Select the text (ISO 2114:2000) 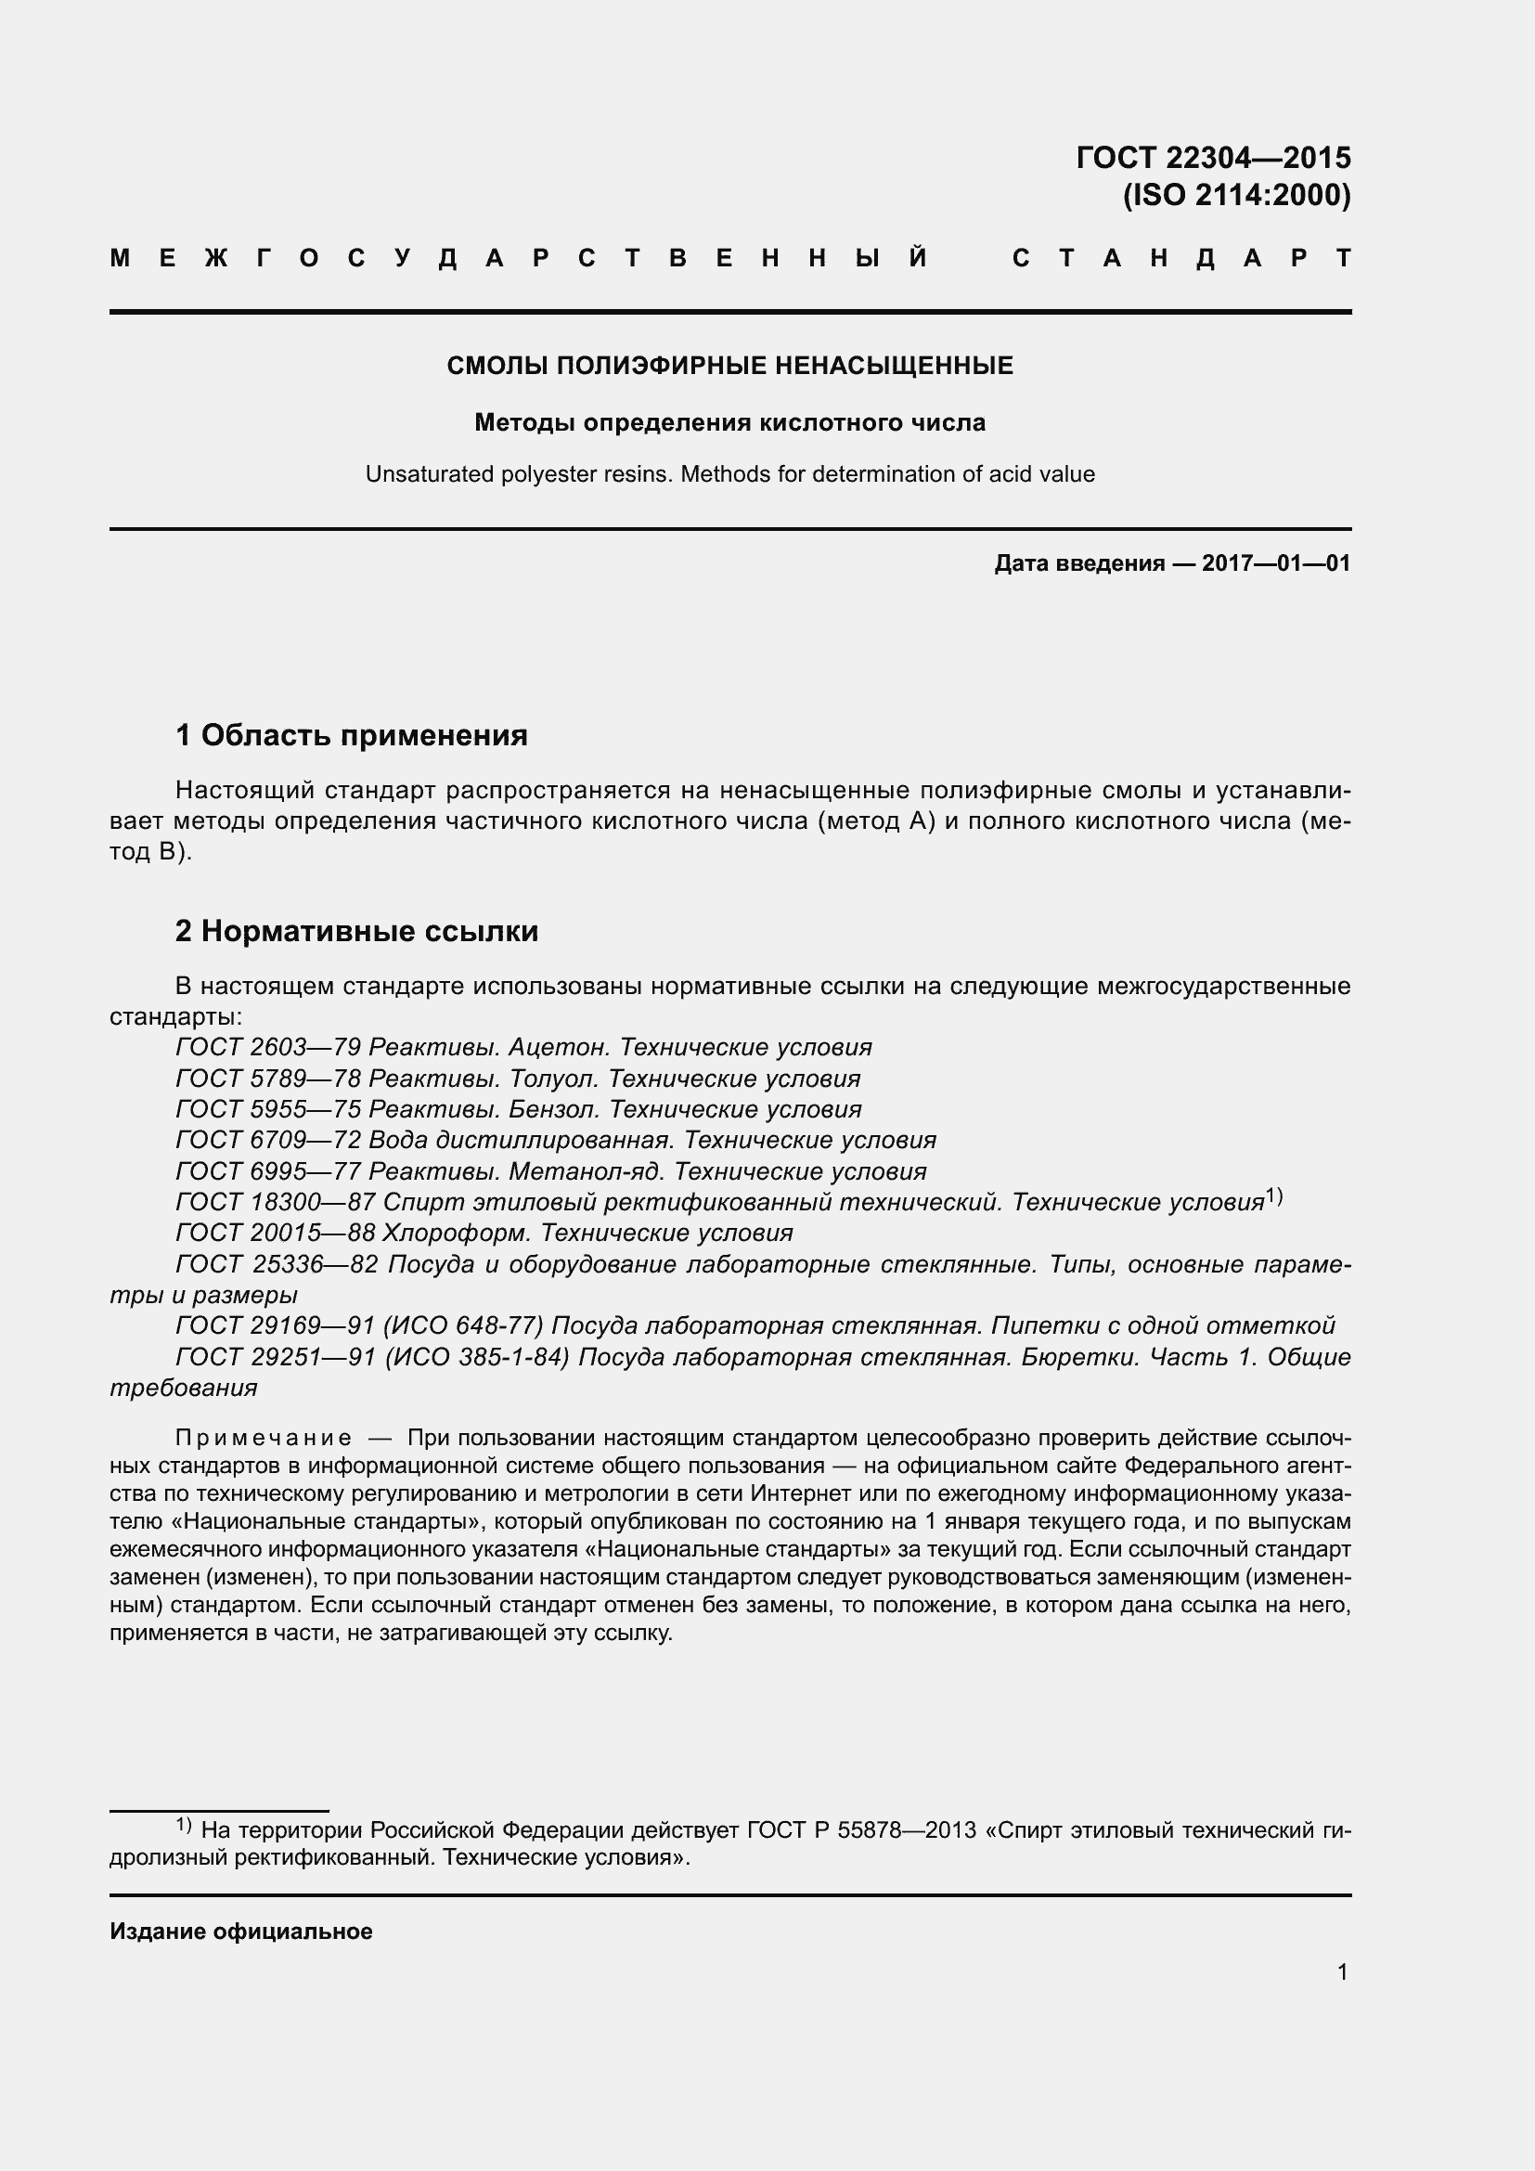pyautogui.click(x=1236, y=196)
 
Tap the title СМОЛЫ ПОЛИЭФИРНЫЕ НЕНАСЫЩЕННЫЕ pyautogui.click(x=729, y=366)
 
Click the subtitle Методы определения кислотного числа pyautogui.click(x=729, y=422)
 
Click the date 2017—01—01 pyautogui.click(x=1276, y=564)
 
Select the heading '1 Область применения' pyautogui.click(x=352, y=735)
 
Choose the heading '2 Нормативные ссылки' pyautogui.click(x=356, y=931)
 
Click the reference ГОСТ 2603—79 pyautogui.click(x=268, y=1048)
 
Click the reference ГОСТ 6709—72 pyautogui.click(x=268, y=1141)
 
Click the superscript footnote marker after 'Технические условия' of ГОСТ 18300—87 pyautogui.click(x=1274, y=1196)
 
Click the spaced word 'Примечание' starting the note pyautogui.click(x=264, y=1438)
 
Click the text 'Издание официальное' pyautogui.click(x=241, y=1931)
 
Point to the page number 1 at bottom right pyautogui.click(x=1342, y=1971)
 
